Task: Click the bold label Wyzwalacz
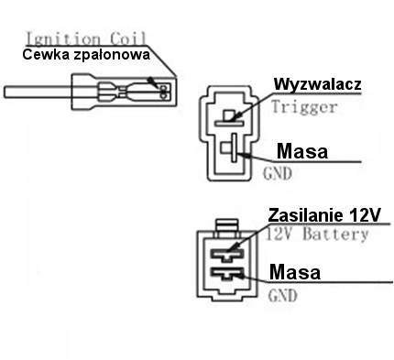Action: [x=318, y=84]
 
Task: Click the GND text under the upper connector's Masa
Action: [x=276, y=171]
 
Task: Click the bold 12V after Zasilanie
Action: [x=366, y=215]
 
